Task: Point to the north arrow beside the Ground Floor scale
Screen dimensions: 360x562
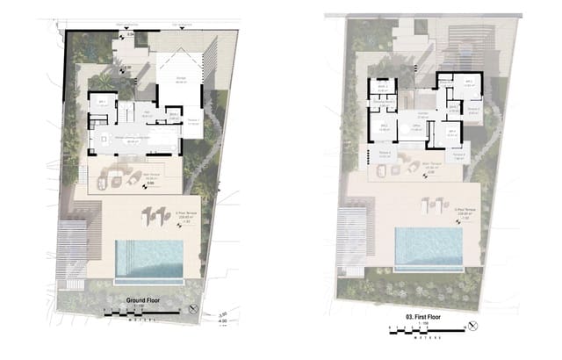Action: (193, 308)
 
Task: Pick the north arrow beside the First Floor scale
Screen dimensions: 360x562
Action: (472, 328)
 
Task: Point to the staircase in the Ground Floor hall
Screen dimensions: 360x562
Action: (126, 112)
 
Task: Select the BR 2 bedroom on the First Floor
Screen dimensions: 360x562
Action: (384, 131)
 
